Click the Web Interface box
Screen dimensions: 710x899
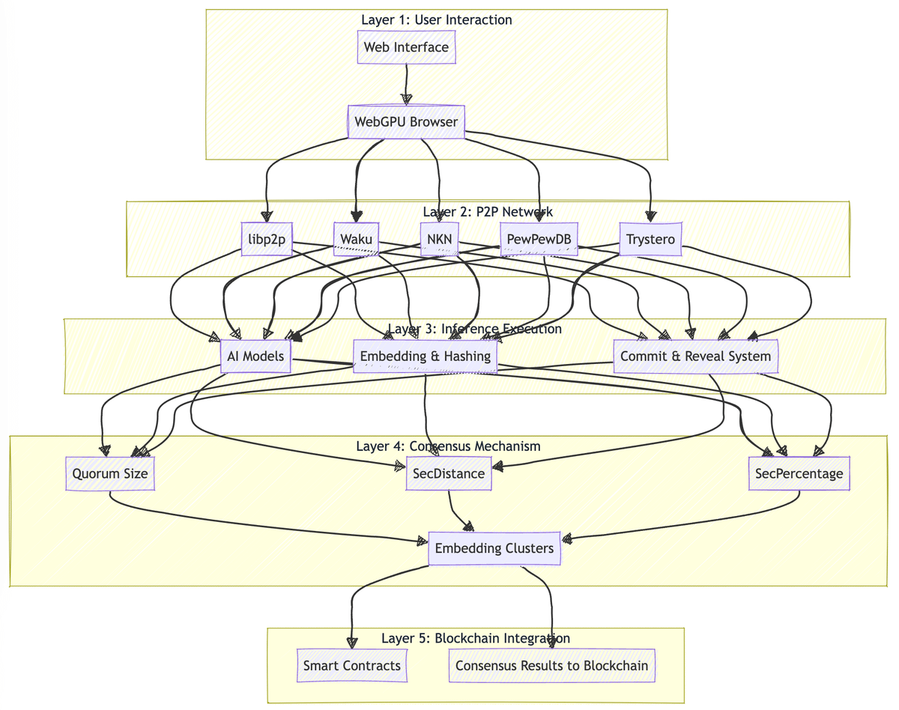point(406,47)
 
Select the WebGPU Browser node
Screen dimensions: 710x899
point(406,121)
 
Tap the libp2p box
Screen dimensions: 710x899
point(267,240)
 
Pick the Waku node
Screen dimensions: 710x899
point(356,240)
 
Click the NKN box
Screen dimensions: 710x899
point(439,240)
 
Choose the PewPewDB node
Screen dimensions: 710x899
point(539,240)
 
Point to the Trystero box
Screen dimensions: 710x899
point(650,240)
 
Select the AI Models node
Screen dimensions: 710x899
point(255,356)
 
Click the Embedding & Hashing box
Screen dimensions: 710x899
point(426,356)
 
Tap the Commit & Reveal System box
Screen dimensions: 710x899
point(695,356)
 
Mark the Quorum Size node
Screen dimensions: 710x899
point(110,473)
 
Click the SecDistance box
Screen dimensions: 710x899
point(449,473)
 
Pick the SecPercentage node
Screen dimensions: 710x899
point(799,473)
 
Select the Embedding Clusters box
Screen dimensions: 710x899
point(494,548)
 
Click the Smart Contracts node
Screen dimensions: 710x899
point(352,665)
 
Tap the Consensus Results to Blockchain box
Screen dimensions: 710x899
point(552,665)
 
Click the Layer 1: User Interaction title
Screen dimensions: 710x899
point(437,20)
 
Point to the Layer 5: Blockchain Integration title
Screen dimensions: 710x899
point(476,638)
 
